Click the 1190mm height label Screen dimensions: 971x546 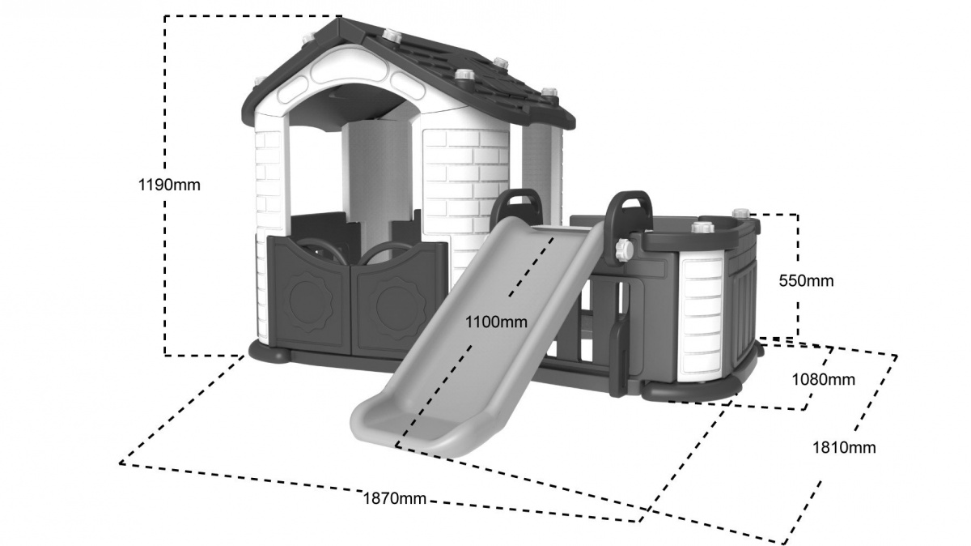pos(169,186)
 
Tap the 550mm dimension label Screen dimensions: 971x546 pos(806,281)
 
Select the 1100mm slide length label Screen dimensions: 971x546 pos(496,322)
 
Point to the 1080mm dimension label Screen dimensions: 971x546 pos(824,380)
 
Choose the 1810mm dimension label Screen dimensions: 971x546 pos(844,447)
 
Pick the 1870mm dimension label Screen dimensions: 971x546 pos(395,499)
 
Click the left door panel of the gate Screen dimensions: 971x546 pos(308,295)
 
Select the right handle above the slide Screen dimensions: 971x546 pos(629,211)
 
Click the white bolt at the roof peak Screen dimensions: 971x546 pos(392,35)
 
